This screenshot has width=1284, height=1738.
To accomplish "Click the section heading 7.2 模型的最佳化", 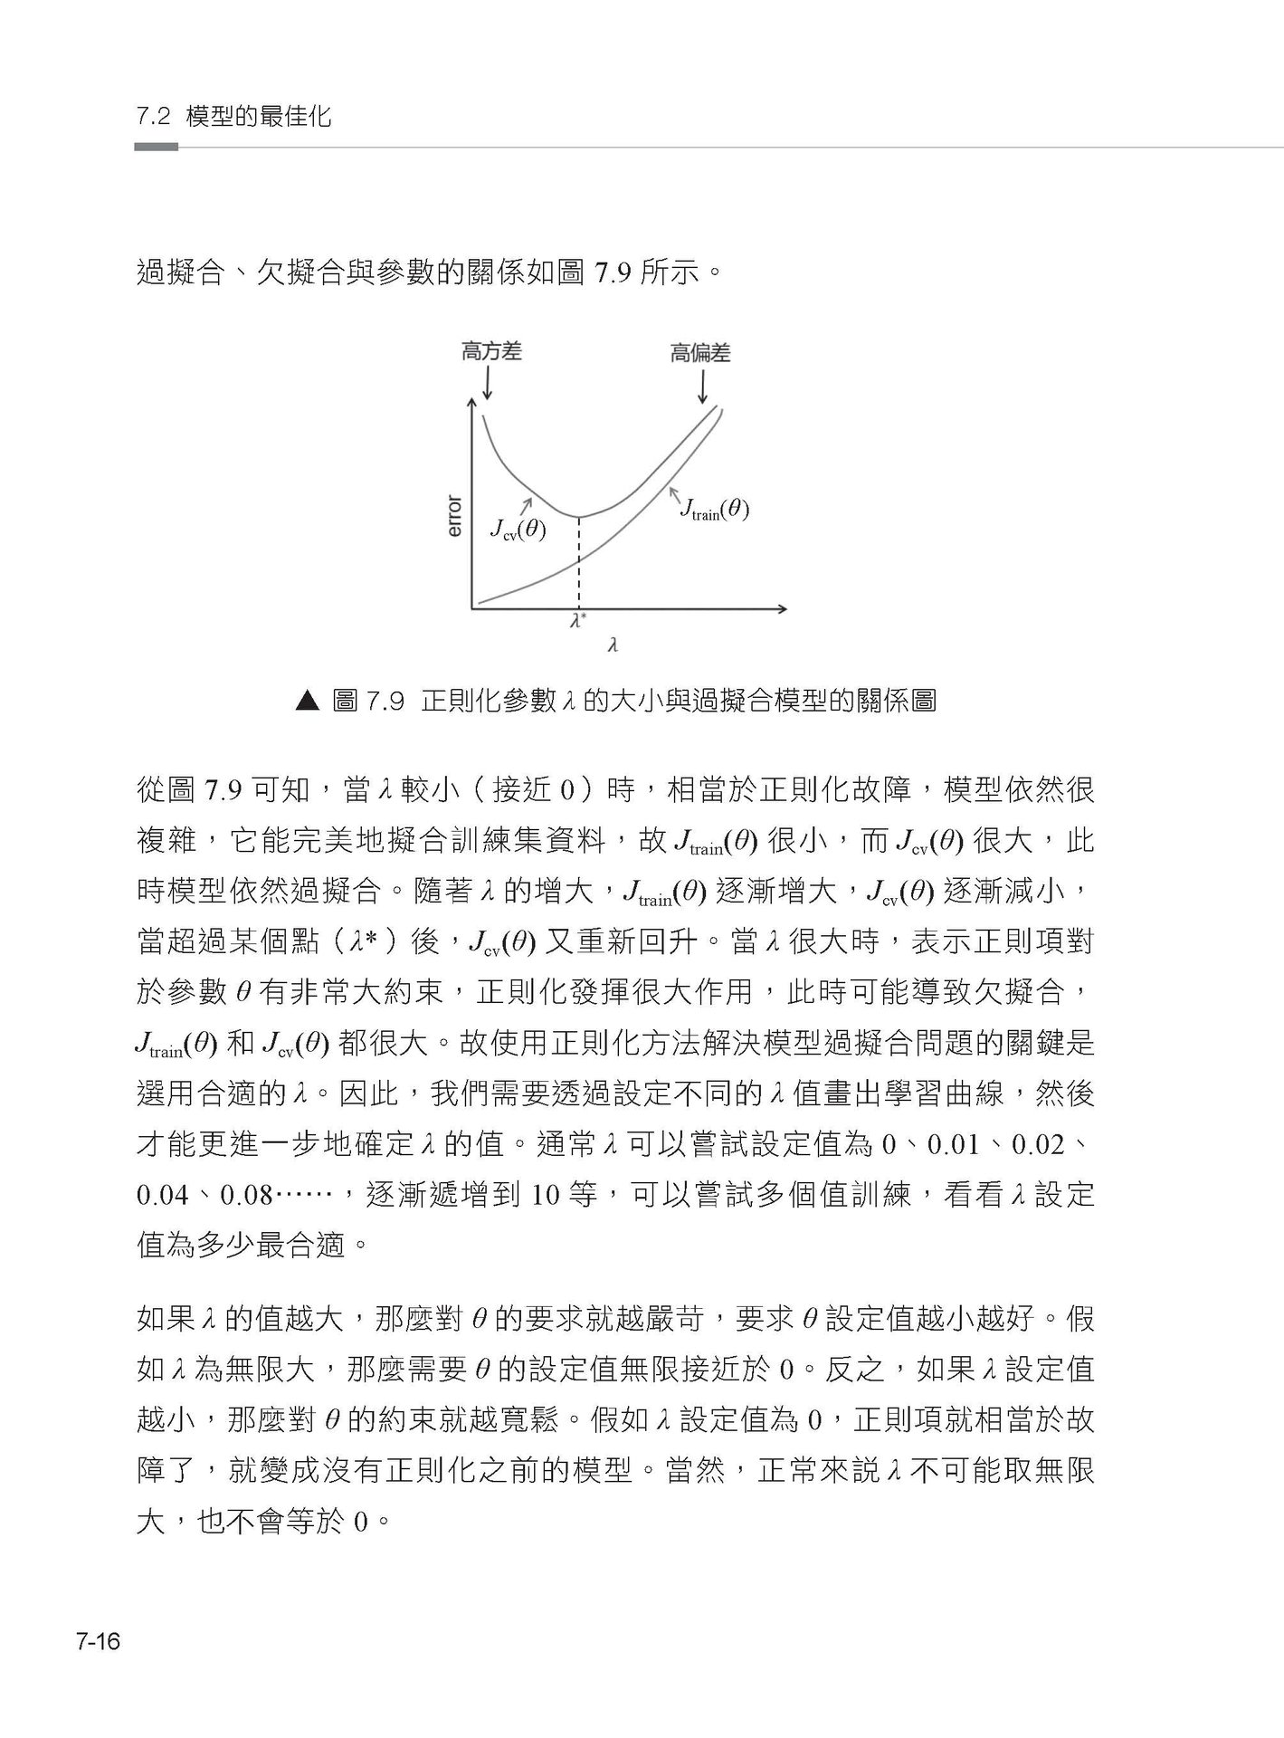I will click(233, 117).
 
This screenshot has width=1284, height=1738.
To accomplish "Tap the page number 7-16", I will click(99, 1641).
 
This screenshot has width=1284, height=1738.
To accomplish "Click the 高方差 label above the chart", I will click(491, 351).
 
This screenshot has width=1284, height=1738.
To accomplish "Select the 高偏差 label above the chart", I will click(700, 353).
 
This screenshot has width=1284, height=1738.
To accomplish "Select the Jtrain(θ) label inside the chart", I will click(715, 510).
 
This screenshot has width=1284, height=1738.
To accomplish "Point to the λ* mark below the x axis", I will click(578, 622).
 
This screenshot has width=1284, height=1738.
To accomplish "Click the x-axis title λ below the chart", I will click(613, 645).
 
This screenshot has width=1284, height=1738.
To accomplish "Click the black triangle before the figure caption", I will click(309, 701).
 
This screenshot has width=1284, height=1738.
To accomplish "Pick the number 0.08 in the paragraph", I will click(247, 1196).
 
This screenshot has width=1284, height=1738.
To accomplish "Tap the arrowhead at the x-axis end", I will click(782, 608).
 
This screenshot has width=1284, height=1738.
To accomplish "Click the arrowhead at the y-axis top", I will click(471, 404).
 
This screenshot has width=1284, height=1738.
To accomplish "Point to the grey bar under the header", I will click(156, 147).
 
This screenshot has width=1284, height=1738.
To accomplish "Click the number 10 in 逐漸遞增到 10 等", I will click(547, 1196).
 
